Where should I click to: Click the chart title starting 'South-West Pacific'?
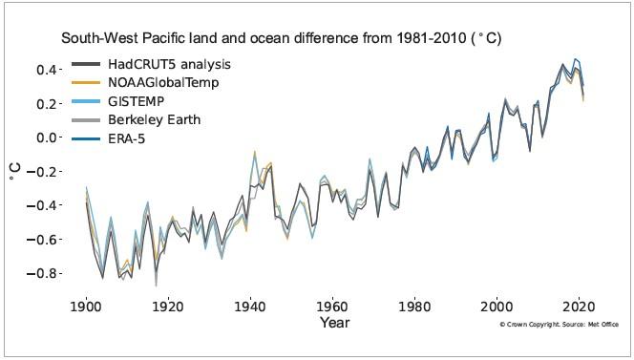tap(282, 39)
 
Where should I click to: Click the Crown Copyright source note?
tap(559, 326)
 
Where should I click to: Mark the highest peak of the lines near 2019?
tap(574, 58)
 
